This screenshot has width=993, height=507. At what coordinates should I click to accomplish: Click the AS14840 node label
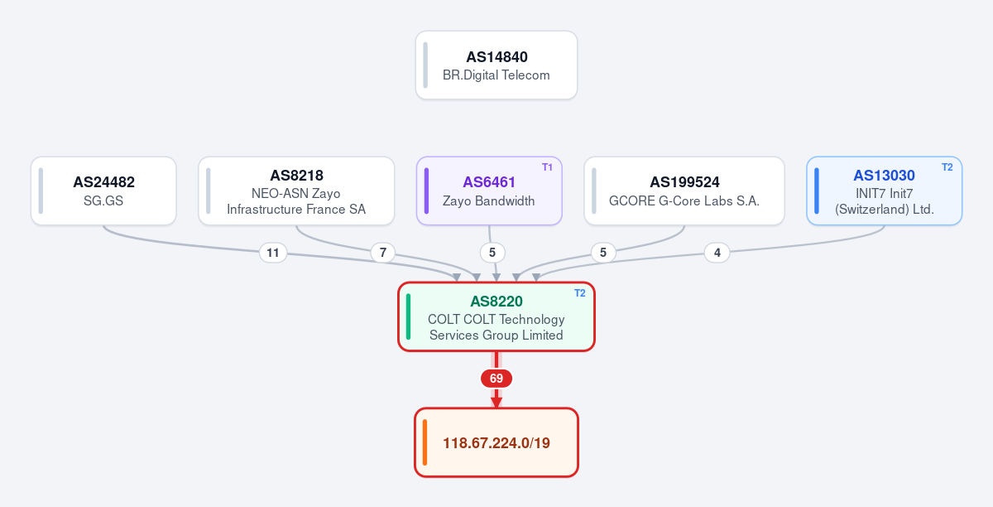coord(496,57)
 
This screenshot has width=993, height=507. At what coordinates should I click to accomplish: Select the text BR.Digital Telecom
coord(496,75)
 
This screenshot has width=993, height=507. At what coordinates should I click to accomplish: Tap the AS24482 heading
coord(103,182)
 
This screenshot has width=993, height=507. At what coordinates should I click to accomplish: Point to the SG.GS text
coord(103,200)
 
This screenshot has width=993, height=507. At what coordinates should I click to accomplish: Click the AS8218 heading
coord(296,176)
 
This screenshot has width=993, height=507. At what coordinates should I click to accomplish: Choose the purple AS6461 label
coord(489,182)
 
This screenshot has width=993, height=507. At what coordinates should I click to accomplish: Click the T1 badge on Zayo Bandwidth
coord(547,167)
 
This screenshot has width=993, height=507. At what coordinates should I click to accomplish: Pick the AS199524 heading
coord(684,182)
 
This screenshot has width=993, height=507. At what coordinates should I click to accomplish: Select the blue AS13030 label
coord(884,176)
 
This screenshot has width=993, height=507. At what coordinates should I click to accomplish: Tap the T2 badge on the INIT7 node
coord(947,167)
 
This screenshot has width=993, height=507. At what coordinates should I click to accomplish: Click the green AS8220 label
coord(496,302)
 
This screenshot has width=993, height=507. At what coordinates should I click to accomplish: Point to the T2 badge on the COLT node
coord(580,293)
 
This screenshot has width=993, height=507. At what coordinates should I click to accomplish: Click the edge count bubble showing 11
coord(273,253)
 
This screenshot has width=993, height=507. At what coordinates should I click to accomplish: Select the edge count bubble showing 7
coord(382,253)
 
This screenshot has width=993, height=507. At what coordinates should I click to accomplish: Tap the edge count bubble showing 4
coord(717,253)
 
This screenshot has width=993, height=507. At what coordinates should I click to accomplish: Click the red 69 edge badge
coord(496,379)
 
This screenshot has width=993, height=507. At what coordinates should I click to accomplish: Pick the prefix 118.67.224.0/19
coord(496,443)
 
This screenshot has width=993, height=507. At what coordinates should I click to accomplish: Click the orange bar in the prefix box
coord(425,442)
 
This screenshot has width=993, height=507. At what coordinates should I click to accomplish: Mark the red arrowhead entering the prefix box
coord(496,403)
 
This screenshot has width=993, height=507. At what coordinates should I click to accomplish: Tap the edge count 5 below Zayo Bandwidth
coord(492,253)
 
